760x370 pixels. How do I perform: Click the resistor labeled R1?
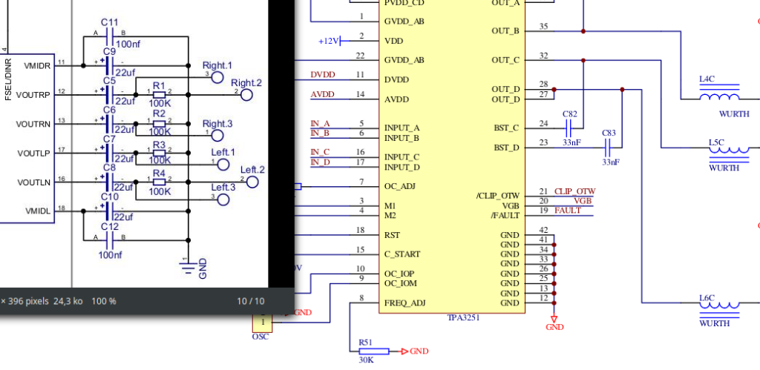point(159,95)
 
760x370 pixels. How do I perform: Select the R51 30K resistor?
point(364,351)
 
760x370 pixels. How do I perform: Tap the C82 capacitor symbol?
point(571,124)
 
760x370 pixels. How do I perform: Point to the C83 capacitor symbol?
point(609,148)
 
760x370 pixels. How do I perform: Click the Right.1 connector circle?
point(217,77)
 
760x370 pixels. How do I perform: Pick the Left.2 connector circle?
point(252,182)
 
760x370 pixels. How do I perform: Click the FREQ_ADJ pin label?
point(404,303)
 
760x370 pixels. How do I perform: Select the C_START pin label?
point(402,254)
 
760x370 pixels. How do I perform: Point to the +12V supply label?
point(328,41)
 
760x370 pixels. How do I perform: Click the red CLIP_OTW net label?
point(575,191)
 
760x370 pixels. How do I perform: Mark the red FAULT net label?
point(567,211)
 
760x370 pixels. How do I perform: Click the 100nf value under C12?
point(110,254)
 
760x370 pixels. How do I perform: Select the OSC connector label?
point(261,337)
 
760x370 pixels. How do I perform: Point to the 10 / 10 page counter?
point(250,301)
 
